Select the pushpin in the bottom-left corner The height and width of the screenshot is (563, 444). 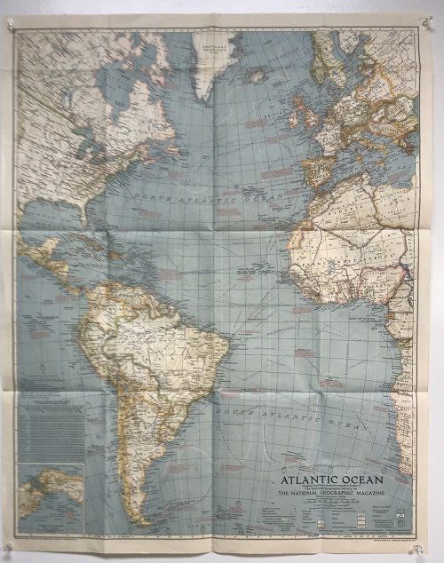click(x=10, y=542)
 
